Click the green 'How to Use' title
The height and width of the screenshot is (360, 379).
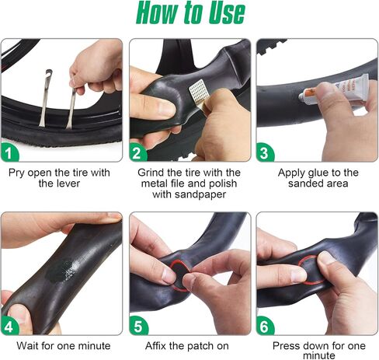coord(190,12)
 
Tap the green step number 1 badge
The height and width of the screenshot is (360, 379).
coord(10,152)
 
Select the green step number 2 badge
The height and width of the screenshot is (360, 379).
coord(138,152)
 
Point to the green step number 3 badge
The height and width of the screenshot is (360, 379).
coord(265,152)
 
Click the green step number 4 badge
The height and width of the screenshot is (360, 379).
coord(10,326)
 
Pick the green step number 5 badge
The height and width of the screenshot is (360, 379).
coord(138,326)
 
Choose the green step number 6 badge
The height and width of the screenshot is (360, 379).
coord(265,326)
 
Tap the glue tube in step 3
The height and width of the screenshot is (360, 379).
coord(334,89)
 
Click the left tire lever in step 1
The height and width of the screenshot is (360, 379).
coord(45,98)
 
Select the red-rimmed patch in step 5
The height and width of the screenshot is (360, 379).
coord(180,274)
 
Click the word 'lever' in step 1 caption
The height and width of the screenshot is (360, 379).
coord(68,183)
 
